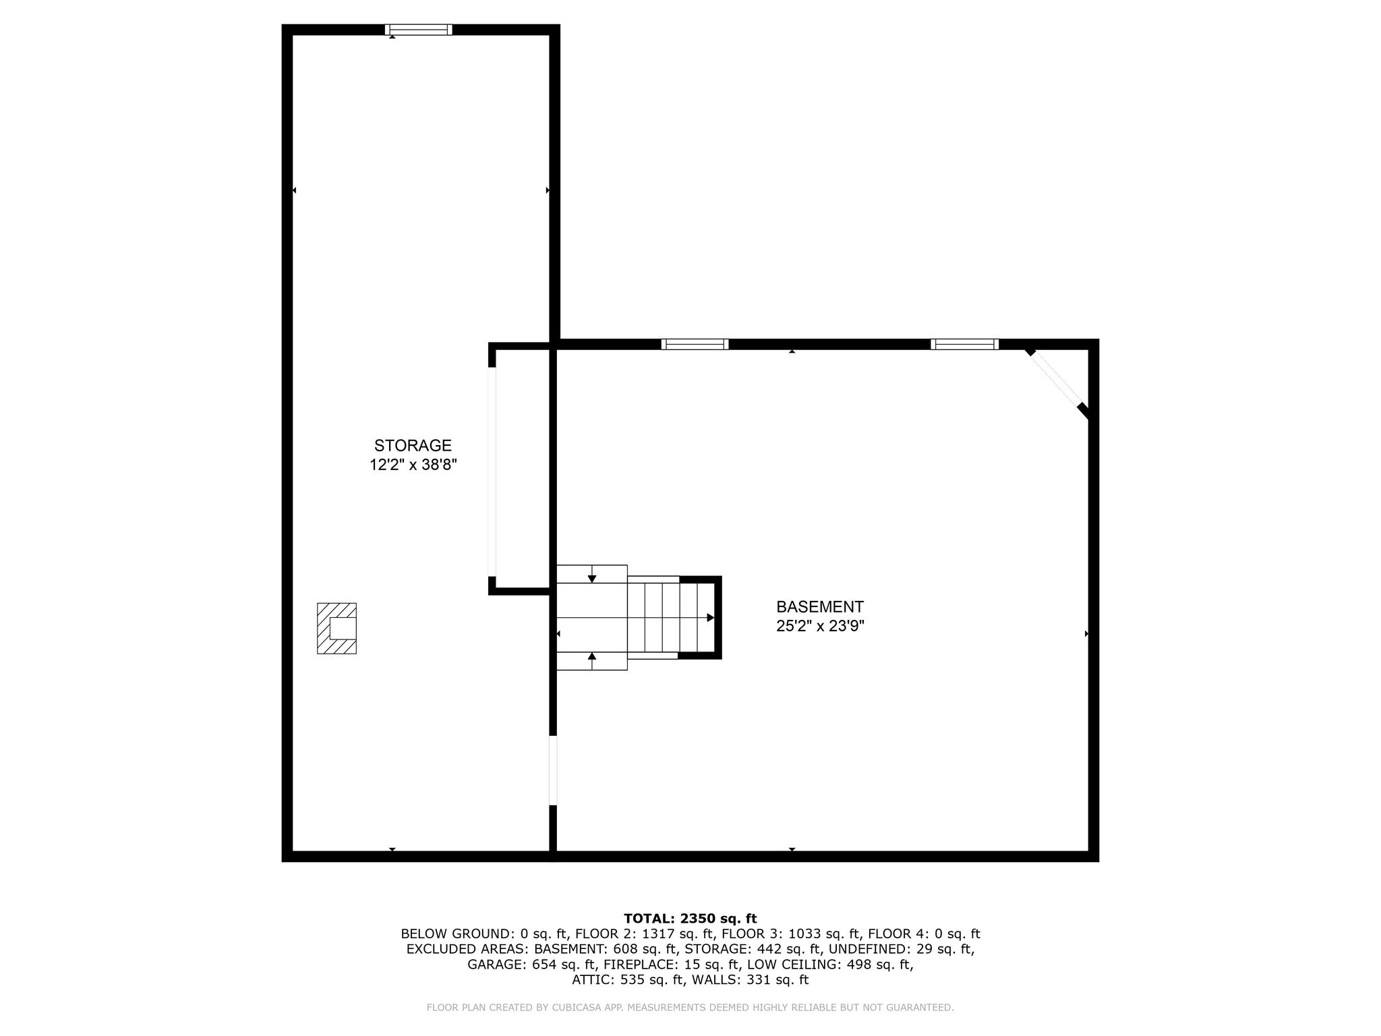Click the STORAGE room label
(413, 445)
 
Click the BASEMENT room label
(819, 606)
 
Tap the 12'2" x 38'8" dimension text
(413, 465)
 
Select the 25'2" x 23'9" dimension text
(820, 626)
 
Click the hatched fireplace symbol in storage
(336, 628)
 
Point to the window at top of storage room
(418, 30)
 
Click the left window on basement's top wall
(695, 344)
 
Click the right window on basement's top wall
(964, 344)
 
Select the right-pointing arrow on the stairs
(709, 617)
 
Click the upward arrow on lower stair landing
(591, 657)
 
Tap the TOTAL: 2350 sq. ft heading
(690, 918)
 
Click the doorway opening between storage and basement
(553, 770)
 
